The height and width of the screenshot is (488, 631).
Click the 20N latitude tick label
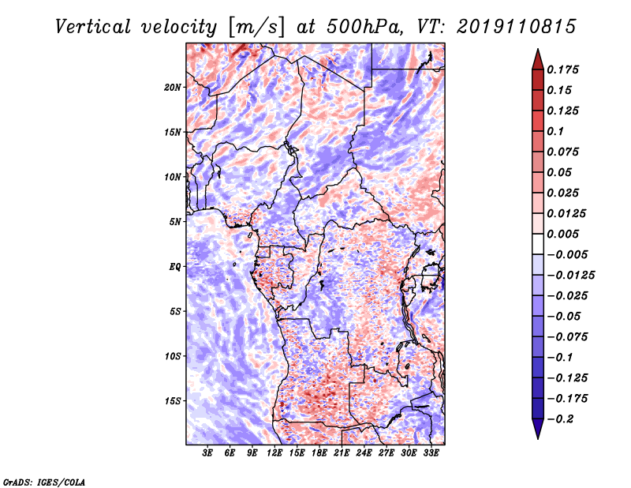(x=173, y=88)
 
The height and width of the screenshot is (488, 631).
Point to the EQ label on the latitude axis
(x=175, y=267)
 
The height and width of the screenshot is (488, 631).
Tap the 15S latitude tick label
(x=173, y=401)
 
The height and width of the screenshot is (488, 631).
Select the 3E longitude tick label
(x=207, y=452)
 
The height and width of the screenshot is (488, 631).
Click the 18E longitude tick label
(x=319, y=452)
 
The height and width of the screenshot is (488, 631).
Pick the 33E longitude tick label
(x=431, y=452)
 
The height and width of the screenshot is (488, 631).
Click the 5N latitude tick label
(x=175, y=222)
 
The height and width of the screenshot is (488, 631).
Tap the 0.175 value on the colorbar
(x=562, y=69)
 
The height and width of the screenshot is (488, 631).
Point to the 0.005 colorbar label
(x=562, y=234)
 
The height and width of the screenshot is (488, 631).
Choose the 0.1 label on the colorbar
(x=555, y=131)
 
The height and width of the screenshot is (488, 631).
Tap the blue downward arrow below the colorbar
(x=538, y=427)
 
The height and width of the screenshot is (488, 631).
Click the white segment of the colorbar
(x=538, y=244)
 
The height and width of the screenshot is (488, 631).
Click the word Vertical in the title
(x=93, y=27)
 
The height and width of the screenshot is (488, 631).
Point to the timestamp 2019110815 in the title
(x=517, y=27)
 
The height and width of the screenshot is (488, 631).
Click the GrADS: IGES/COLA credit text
(x=44, y=482)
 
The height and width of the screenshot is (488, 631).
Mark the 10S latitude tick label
(x=173, y=356)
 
